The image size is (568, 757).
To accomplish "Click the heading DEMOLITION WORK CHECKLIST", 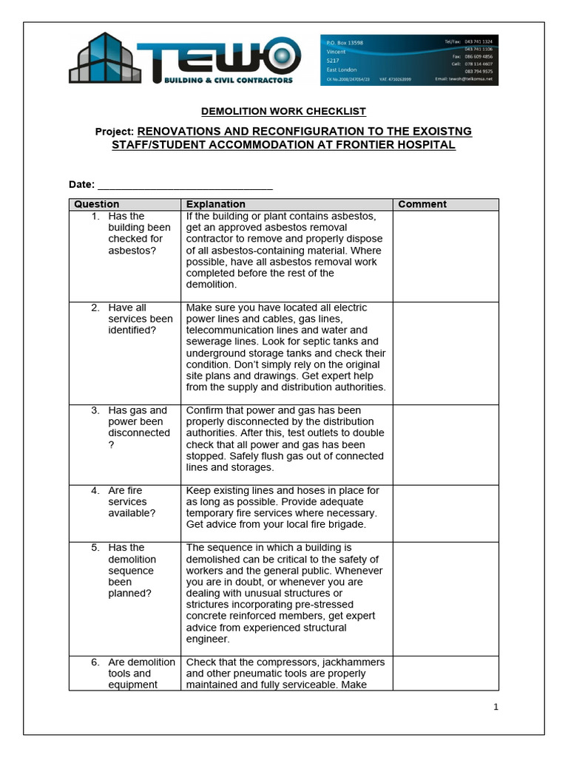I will pyautogui.click(x=284, y=112).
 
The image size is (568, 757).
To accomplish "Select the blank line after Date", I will pyautogui.click(x=185, y=185).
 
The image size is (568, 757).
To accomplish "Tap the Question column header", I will pyautogui.click(x=96, y=204).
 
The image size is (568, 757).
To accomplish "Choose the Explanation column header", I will pyautogui.click(x=216, y=204).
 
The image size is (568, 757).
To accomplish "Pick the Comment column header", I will pyautogui.click(x=422, y=204).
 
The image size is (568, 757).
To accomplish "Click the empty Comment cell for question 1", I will pyautogui.click(x=445, y=256).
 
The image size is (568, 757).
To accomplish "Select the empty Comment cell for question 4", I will pyautogui.click(x=445, y=513).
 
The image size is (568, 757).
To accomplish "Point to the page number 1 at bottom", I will pyautogui.click(x=496, y=707).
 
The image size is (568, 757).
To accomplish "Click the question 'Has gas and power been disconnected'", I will pyautogui.click(x=138, y=427).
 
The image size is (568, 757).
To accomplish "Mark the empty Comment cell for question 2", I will pyautogui.click(x=445, y=353).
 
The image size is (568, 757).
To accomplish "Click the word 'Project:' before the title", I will pyautogui.click(x=114, y=132).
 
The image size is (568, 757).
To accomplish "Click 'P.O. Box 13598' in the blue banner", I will pyautogui.click(x=345, y=43).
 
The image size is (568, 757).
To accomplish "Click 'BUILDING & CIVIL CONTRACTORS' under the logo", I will pyautogui.click(x=228, y=80).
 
